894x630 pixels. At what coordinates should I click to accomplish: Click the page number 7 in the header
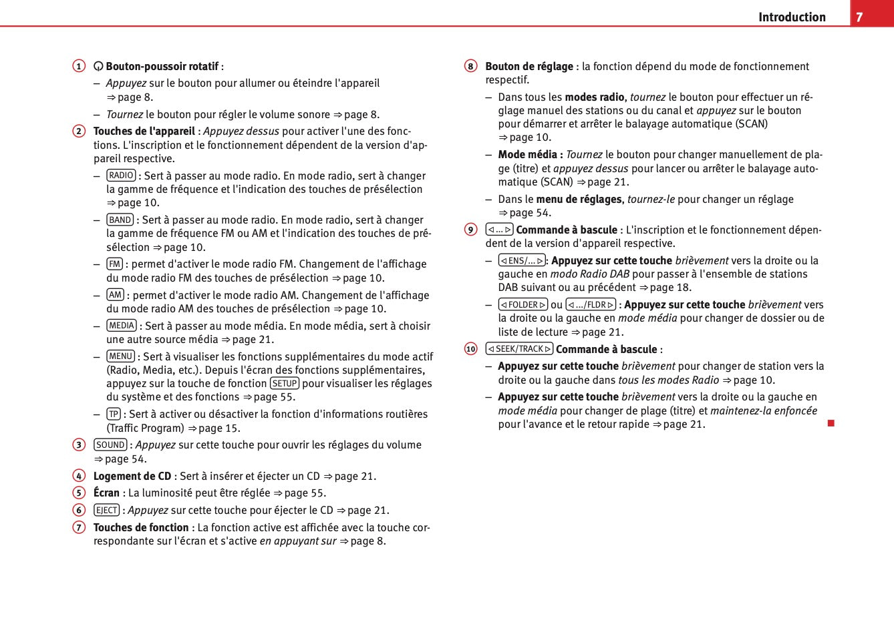pyautogui.click(x=859, y=17)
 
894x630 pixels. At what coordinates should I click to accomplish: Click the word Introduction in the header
pyautogui.click(x=792, y=17)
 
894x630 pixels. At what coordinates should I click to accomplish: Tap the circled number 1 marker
pyautogui.click(x=79, y=66)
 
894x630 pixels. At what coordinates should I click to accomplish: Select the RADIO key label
pyautogui.click(x=121, y=176)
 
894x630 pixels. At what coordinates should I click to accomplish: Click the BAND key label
pyautogui.click(x=120, y=220)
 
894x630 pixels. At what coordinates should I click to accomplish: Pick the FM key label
pyautogui.click(x=114, y=264)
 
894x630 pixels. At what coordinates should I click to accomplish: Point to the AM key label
pyautogui.click(x=115, y=295)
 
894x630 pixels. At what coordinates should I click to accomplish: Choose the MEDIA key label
pyautogui.click(x=122, y=326)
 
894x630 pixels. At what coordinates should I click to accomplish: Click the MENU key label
pyautogui.click(x=121, y=356)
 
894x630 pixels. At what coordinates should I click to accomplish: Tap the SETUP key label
pyautogui.click(x=285, y=383)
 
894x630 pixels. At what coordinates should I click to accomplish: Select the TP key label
pyautogui.click(x=114, y=414)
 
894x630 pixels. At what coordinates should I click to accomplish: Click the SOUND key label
pyautogui.click(x=110, y=444)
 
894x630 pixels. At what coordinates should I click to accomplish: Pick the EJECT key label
pyautogui.click(x=106, y=510)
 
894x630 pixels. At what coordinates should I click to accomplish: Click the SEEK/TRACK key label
pyautogui.click(x=519, y=348)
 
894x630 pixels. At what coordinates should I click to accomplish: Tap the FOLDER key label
pyautogui.click(x=523, y=304)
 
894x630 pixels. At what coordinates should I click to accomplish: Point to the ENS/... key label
pyautogui.click(x=522, y=260)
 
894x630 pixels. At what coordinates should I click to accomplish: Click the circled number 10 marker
pyautogui.click(x=471, y=349)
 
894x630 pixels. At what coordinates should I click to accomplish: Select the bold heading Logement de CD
pyautogui.click(x=132, y=476)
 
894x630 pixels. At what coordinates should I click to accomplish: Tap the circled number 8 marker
pyautogui.click(x=471, y=66)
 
